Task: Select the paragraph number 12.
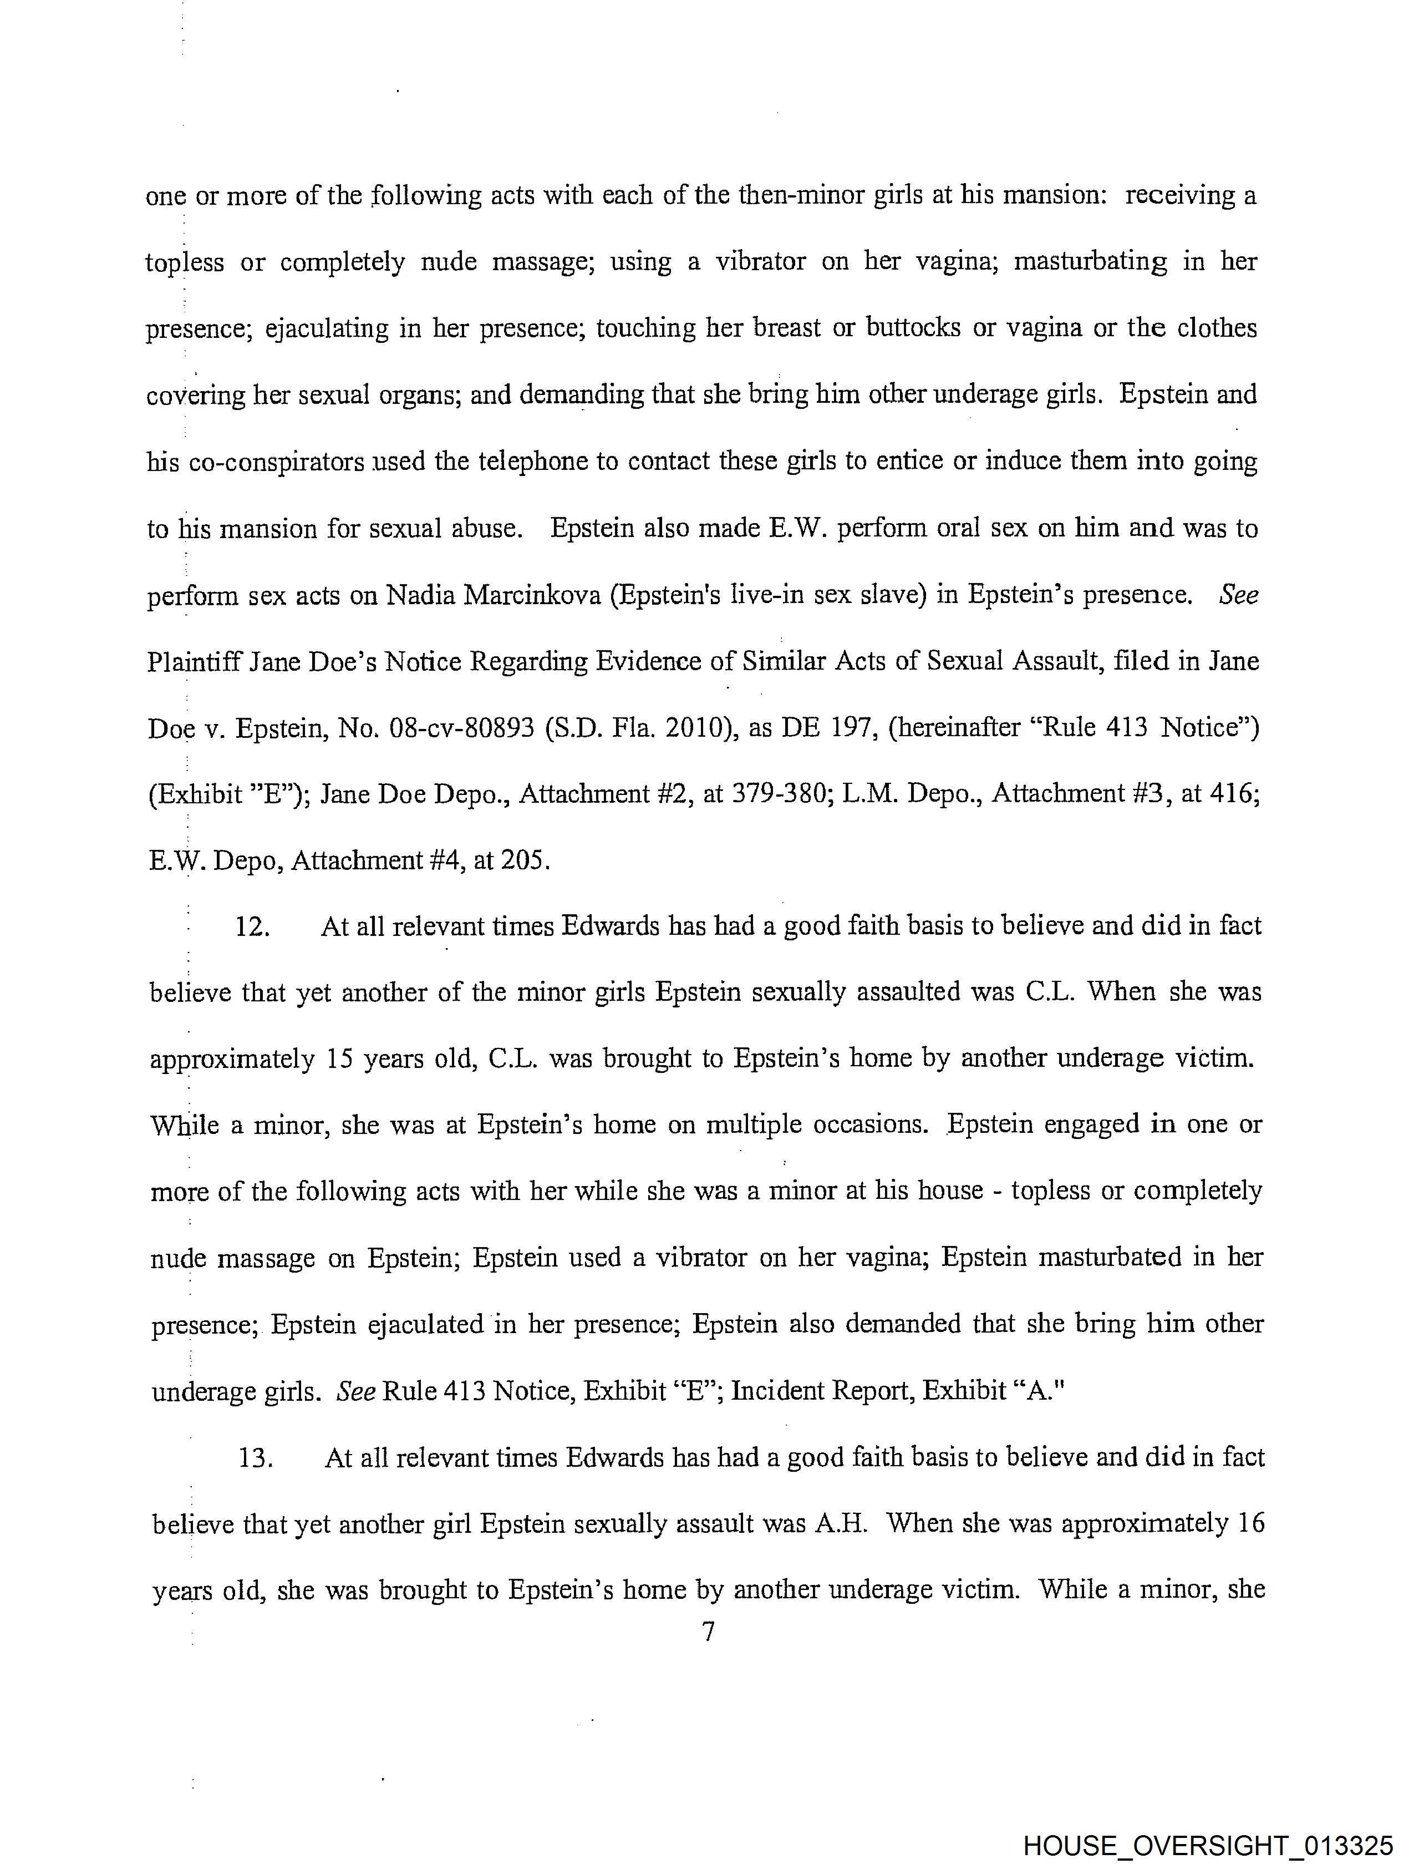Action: tap(252, 927)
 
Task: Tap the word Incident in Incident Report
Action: tap(776, 1391)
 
